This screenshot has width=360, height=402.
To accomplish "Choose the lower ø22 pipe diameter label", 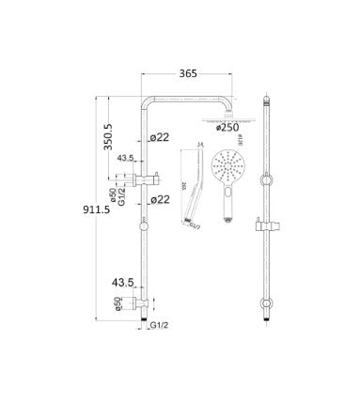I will click(x=160, y=199).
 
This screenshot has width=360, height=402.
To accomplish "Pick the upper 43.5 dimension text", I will click(x=122, y=160).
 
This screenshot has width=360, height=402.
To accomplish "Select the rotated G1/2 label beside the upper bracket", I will click(x=118, y=181).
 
